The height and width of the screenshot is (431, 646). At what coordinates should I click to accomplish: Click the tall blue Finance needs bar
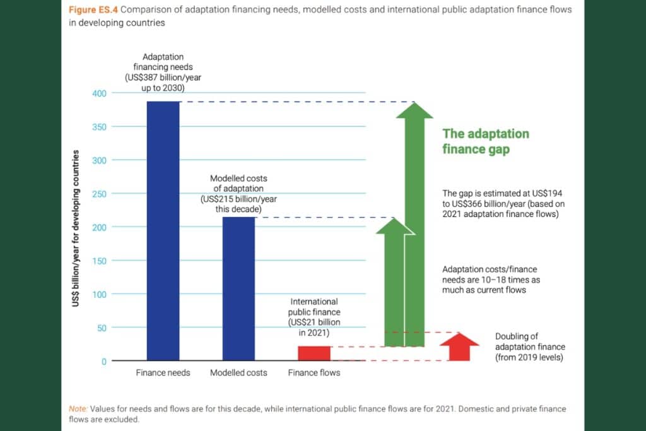163,230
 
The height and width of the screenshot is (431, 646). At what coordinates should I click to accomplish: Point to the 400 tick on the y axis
99,93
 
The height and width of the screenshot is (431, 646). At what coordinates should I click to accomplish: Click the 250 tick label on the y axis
99,194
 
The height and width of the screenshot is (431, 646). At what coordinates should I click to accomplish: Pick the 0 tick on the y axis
103,362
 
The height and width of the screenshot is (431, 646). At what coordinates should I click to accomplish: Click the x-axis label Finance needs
163,373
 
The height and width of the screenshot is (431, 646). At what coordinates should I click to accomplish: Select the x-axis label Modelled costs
238,373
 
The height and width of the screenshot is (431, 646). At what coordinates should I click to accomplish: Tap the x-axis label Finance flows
314,373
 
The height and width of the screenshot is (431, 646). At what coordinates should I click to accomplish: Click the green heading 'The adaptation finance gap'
485,141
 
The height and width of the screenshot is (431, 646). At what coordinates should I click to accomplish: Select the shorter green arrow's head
394,226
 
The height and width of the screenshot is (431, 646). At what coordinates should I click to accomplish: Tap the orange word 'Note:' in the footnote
78,409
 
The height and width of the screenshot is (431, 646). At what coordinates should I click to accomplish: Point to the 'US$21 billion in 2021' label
314,317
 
